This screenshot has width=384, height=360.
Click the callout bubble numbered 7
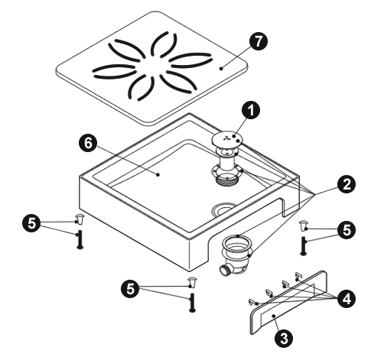point(259,41)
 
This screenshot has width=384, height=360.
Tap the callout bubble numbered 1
point(251,110)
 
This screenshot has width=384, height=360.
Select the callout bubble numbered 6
point(88,143)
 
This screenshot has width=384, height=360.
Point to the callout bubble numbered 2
point(346,184)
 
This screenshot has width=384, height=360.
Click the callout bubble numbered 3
point(284,338)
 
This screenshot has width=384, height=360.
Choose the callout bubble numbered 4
point(346,298)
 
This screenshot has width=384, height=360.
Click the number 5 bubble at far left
point(31,223)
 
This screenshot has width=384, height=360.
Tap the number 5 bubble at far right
point(347,230)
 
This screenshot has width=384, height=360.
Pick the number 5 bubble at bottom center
point(130,289)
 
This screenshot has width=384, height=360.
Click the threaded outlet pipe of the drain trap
point(224,270)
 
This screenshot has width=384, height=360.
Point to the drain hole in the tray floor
point(224,209)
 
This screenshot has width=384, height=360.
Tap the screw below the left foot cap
point(80,239)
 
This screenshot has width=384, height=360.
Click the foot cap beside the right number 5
point(303,225)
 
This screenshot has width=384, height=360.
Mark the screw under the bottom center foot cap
point(192,303)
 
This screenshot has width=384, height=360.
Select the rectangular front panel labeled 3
point(288,303)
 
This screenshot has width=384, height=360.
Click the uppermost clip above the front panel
point(298,276)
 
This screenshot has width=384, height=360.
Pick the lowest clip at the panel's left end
point(253,302)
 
